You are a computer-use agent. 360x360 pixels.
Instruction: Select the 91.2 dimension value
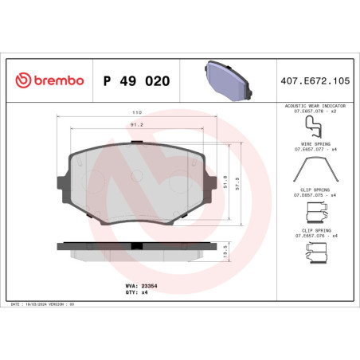pos(136,124)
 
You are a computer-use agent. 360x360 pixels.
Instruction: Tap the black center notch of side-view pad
pos(136,245)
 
